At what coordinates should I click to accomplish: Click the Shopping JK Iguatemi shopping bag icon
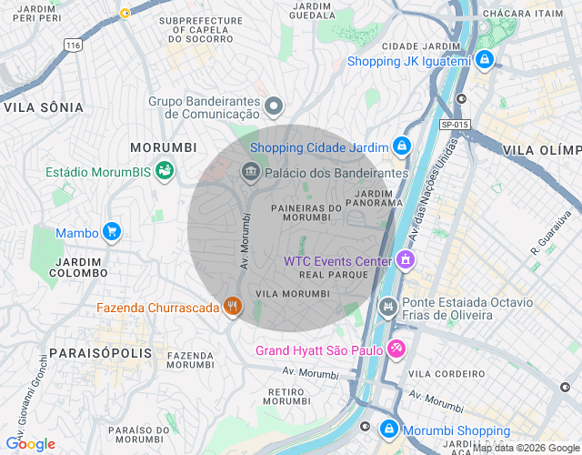click(485, 60)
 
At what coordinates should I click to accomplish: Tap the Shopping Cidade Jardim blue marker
click(401, 146)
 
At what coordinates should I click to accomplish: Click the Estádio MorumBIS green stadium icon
click(165, 170)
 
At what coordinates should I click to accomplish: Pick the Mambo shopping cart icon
click(111, 232)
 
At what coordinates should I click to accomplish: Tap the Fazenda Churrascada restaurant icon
click(233, 307)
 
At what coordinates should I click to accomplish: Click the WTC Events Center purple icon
click(406, 261)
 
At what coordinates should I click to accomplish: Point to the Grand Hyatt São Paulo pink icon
click(396, 349)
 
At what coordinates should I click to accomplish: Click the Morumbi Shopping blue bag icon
click(388, 429)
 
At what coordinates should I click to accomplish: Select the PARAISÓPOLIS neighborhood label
click(95, 351)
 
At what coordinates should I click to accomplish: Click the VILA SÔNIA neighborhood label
click(43, 106)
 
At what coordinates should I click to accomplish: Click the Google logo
click(30, 444)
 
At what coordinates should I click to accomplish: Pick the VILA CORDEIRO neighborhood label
click(447, 374)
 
